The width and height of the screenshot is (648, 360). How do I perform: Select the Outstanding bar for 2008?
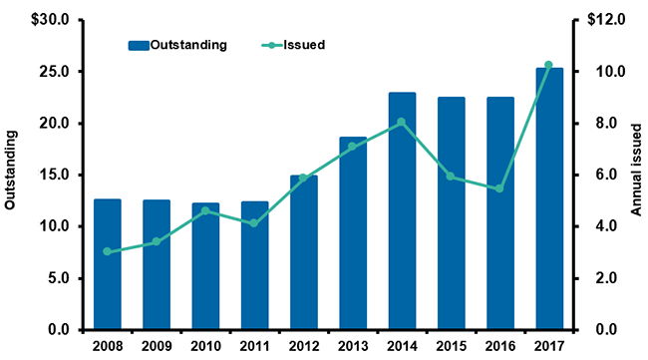tap(107, 264)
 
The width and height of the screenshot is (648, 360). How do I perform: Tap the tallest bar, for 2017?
tap(548, 199)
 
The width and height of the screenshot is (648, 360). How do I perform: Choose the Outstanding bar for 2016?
tap(499, 213)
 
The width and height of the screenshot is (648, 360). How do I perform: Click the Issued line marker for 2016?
tap(499, 188)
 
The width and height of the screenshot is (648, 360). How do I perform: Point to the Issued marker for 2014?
tap(402, 123)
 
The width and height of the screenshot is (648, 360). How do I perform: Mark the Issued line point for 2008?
tap(107, 251)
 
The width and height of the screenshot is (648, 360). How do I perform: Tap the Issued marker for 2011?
tap(254, 223)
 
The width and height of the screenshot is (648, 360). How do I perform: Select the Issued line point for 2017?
tap(548, 65)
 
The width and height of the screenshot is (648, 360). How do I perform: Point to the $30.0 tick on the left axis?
tap(52, 20)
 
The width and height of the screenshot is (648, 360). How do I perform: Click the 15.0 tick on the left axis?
tap(55, 175)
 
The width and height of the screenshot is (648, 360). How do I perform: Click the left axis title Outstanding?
tap(11, 175)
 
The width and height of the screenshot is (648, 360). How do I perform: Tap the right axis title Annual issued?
tap(635, 175)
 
